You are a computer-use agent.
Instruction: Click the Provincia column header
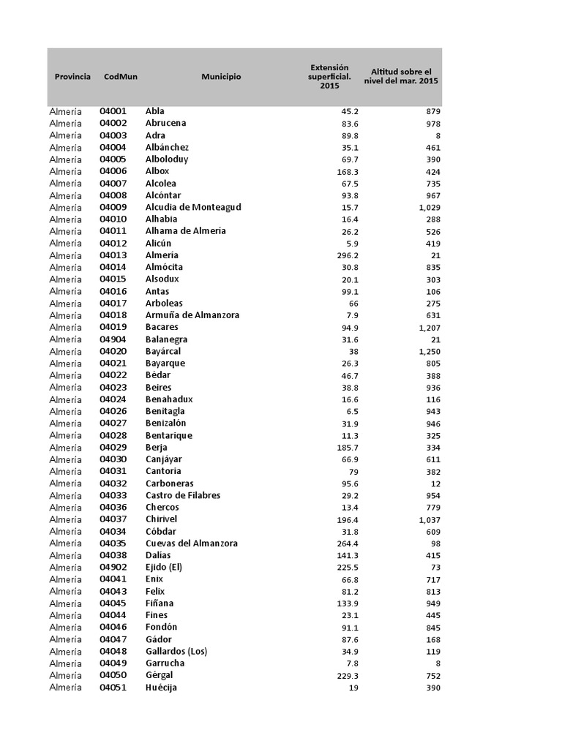pos(72,77)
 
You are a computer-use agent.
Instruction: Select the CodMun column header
pos(121,77)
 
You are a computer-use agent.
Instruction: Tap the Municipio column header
pos(221,77)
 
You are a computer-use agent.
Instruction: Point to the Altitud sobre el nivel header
pos(404,76)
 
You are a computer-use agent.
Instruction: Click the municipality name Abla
pos(155,111)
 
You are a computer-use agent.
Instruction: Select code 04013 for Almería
pos(113,255)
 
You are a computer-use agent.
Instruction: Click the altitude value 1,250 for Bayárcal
pos(429,351)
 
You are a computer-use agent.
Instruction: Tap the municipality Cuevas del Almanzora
pos(192,543)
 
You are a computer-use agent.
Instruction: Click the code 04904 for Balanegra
pos(113,339)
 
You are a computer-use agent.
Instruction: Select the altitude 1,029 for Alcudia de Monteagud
pos(429,207)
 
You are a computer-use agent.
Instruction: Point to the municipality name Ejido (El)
pos(163,568)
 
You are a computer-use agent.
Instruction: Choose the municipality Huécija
pos(162,688)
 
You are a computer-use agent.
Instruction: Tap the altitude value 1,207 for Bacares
pos(429,327)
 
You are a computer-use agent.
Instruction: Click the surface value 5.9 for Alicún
pos(351,244)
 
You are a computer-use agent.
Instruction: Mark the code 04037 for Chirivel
pos(113,519)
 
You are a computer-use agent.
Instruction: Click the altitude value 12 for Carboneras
pos(435,483)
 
